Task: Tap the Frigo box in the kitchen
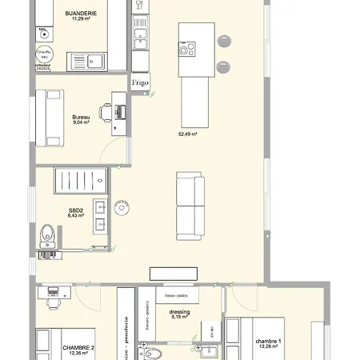[141, 82]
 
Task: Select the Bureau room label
[80, 117]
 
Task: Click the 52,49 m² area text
[187, 134]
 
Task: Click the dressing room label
[179, 312]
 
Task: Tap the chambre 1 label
[268, 341]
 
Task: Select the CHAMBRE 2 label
[78, 347]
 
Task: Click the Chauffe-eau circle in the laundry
[45, 55]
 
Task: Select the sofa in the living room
[189, 205]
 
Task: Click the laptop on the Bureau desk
[120, 112]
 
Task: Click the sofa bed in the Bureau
[53, 118]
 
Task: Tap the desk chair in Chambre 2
[54, 303]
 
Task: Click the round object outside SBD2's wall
[122, 207]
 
